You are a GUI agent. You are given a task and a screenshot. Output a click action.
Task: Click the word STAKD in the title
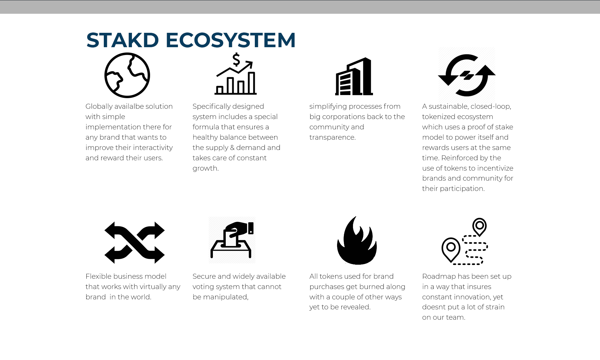(x=123, y=40)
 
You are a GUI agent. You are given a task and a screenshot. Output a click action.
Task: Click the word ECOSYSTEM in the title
(x=230, y=40)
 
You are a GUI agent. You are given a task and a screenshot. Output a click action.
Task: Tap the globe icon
(x=127, y=75)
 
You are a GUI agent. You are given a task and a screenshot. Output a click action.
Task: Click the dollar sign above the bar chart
(x=236, y=59)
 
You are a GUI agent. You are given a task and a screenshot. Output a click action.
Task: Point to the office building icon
(x=354, y=76)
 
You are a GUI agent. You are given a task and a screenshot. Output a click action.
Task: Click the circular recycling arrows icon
(x=467, y=75)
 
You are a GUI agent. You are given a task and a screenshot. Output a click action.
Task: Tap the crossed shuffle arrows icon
(x=134, y=243)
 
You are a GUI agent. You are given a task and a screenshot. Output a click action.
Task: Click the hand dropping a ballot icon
(x=232, y=240)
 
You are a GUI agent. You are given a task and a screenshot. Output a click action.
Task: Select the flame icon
(x=357, y=241)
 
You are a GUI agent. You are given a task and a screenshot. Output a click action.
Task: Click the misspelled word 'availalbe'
(x=129, y=107)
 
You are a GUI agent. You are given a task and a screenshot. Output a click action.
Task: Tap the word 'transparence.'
(x=332, y=137)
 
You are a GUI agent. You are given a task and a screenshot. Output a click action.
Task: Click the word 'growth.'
(x=205, y=168)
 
